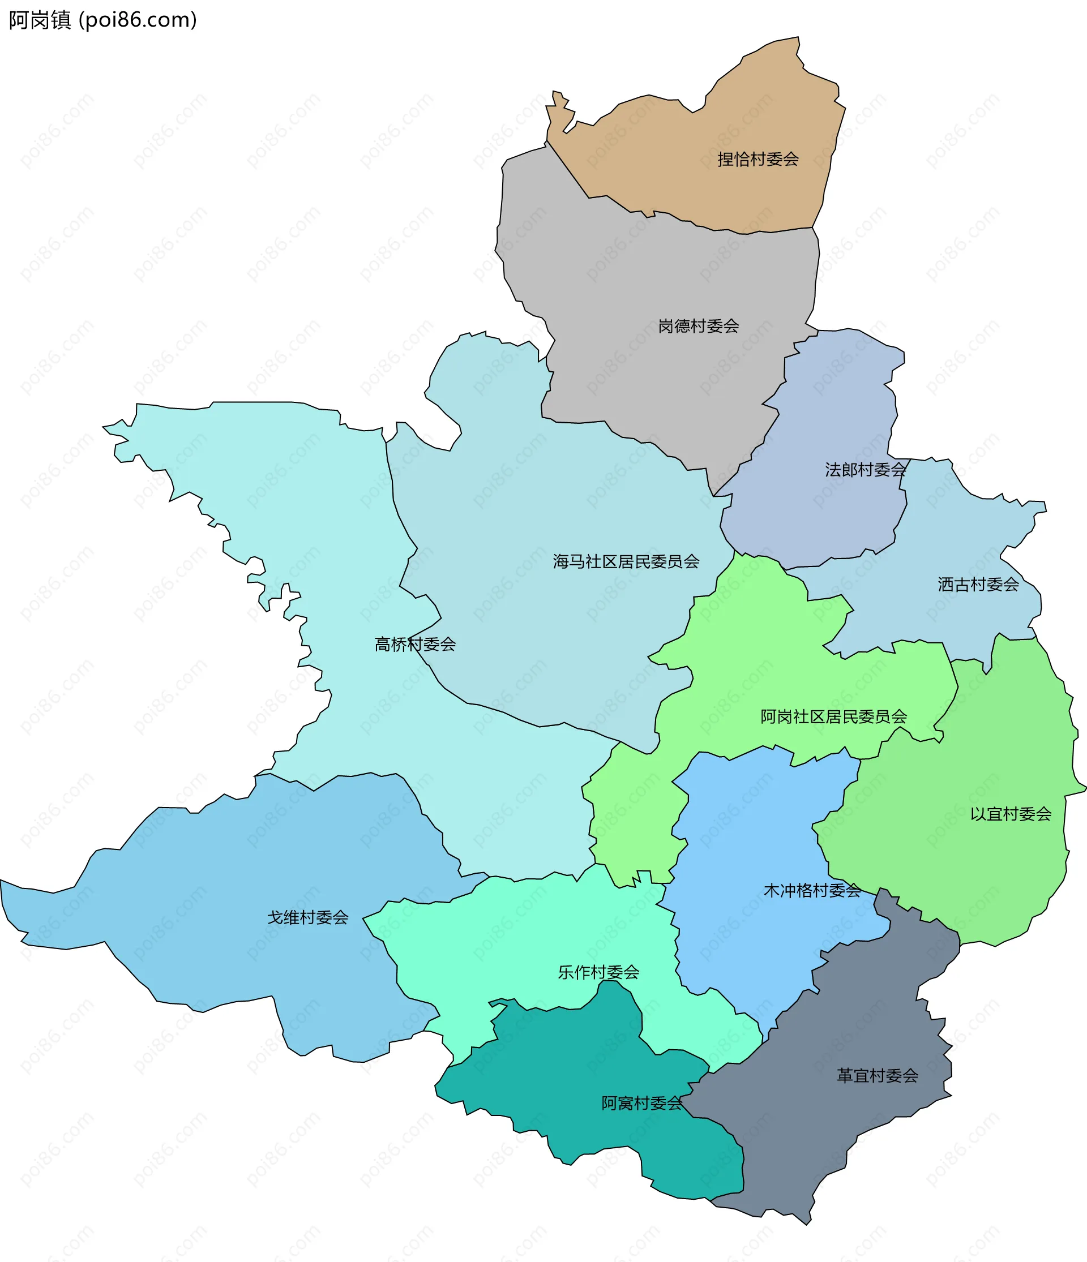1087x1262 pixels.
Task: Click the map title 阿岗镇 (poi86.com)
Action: coord(102,20)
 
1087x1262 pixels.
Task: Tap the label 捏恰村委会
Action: coord(758,160)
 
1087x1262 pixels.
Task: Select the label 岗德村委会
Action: coord(698,327)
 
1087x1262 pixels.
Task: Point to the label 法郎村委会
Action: coord(865,470)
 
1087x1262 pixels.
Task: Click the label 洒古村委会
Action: coord(978,585)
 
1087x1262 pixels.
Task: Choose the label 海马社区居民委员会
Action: coord(626,561)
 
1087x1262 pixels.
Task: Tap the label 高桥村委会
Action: coord(415,645)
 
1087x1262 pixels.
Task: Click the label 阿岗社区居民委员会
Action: coord(833,717)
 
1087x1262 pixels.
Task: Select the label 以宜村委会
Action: coord(1011,814)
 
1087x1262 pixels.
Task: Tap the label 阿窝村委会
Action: coord(642,1104)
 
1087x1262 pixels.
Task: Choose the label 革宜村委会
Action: coord(878,1076)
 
